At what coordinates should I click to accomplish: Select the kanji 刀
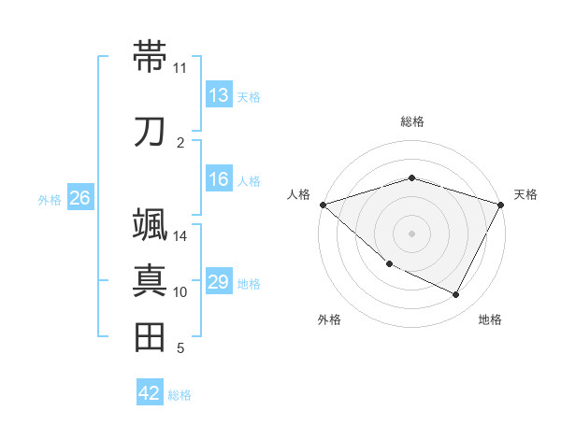pos(150,131)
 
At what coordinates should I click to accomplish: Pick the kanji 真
pos(150,279)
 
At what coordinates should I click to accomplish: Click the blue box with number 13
pos(218,95)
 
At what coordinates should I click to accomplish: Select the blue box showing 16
pos(218,180)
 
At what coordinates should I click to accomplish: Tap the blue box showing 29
pos(218,282)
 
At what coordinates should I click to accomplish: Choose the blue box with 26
pos(79,198)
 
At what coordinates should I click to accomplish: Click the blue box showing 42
pos(150,393)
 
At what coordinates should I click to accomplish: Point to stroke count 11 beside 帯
pos(180,68)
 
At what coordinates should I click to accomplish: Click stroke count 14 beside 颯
pos(180,236)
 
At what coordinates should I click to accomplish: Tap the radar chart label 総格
pos(412,121)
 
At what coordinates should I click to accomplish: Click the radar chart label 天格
pos(525,194)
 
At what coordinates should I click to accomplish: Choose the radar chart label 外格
pos(329,319)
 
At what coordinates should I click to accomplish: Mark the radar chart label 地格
pos(490,319)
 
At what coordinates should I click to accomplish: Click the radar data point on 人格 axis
pos(323,204)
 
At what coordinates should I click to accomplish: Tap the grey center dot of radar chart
pos(411,233)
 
